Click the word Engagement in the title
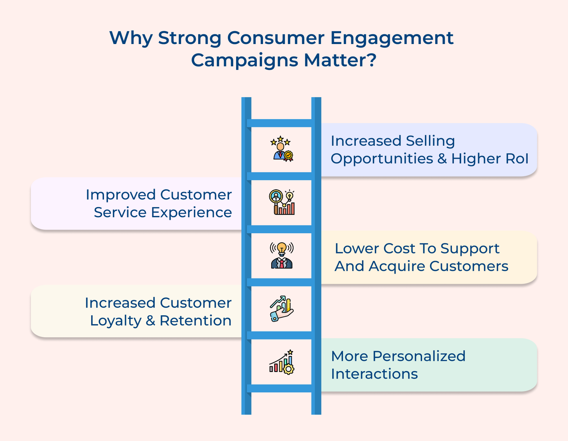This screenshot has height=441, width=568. (x=392, y=38)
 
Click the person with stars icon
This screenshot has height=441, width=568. (x=282, y=149)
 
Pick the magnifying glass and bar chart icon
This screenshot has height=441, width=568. (x=282, y=202)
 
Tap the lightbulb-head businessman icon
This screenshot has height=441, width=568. (x=282, y=255)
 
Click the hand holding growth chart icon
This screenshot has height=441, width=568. (x=282, y=309)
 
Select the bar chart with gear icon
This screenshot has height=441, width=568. (x=282, y=362)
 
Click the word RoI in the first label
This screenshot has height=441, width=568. (x=517, y=158)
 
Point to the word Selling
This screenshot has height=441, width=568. (x=430, y=141)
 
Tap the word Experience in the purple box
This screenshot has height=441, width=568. (x=191, y=212)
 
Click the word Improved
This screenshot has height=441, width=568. (x=121, y=195)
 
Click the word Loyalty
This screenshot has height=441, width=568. (x=115, y=321)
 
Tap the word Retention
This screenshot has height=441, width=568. (x=195, y=321)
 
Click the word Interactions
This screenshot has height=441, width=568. (x=374, y=374)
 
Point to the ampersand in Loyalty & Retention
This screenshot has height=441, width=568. (x=151, y=321)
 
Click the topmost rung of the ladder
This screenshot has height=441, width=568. (x=281, y=123)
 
